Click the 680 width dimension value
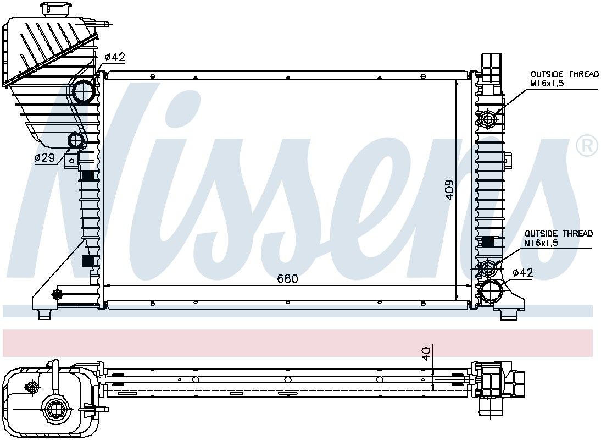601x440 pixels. pos(287,278)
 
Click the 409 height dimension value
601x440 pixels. pos(449,190)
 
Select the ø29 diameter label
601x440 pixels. pos(45,157)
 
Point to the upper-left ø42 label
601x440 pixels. pos(115,57)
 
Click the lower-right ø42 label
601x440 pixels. pos(523,273)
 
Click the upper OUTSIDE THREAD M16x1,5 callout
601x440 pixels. pos(564,78)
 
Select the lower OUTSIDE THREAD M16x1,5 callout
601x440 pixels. pos(559,238)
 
